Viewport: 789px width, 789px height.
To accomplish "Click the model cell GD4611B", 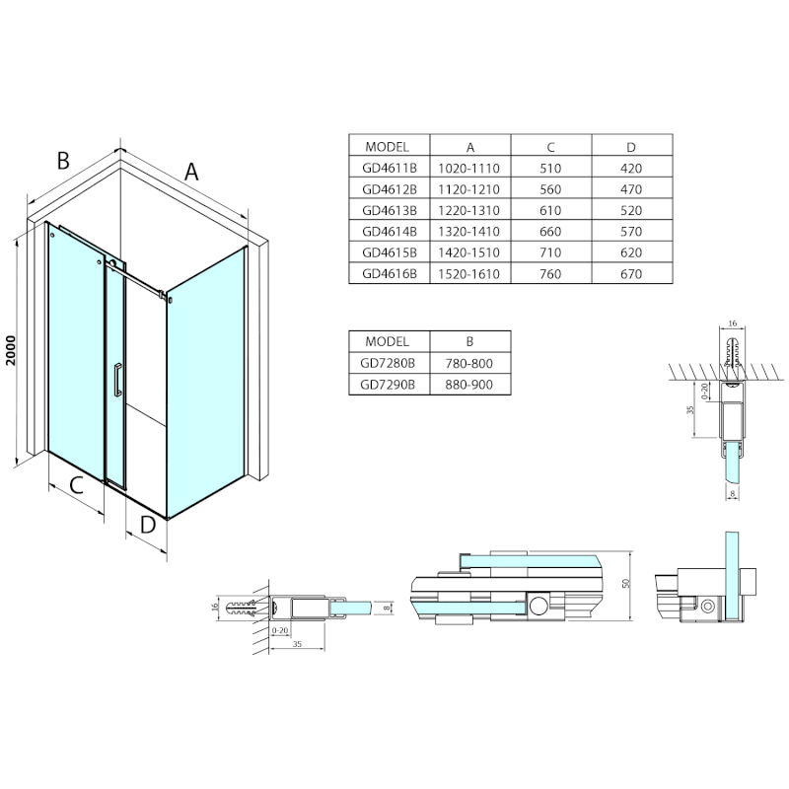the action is pos(390,168).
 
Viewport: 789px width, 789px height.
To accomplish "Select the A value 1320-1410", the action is pos(469,232).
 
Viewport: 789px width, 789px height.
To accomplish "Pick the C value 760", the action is pos(550,274).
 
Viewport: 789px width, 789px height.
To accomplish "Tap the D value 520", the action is pos(631,210).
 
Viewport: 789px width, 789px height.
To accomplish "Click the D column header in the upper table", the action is pos(631,147).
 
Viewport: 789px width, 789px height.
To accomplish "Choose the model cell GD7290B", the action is pos(388,385).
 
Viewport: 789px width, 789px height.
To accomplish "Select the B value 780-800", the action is pos(469,363).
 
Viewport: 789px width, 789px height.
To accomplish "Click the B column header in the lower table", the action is pos(469,341).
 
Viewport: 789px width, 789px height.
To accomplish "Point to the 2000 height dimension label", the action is pos(11,350).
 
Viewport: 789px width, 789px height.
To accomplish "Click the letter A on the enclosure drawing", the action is pos(191,172).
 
